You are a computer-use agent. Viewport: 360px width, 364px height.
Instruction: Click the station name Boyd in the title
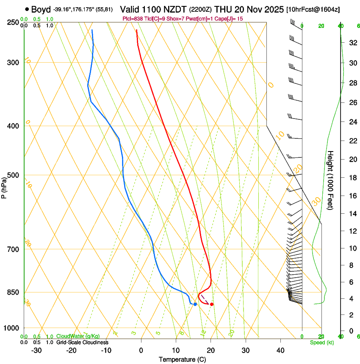(41, 9)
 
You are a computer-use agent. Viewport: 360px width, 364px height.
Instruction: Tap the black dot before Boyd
(27, 9)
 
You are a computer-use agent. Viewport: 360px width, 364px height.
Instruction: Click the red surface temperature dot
(211, 304)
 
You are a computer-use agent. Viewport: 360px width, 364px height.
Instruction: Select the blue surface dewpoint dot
(195, 304)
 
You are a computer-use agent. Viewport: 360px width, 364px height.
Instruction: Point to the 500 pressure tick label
(13, 175)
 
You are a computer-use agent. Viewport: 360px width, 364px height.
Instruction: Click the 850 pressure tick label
(13, 292)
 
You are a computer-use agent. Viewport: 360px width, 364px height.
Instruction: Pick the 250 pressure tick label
(13, 22)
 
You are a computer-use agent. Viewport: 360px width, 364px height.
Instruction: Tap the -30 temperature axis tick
(36, 350)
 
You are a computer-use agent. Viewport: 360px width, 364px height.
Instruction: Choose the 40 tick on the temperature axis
(280, 350)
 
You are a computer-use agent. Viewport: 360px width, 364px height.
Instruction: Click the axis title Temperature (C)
(182, 359)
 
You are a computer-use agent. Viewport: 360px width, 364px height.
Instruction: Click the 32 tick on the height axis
(352, 43)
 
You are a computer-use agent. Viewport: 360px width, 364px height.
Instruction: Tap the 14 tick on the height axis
(352, 214)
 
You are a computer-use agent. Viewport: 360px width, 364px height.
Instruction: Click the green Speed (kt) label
(321, 342)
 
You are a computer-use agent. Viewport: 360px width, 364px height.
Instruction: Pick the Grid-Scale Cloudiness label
(82, 342)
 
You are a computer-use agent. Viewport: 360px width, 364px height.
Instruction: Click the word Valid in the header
(131, 9)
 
